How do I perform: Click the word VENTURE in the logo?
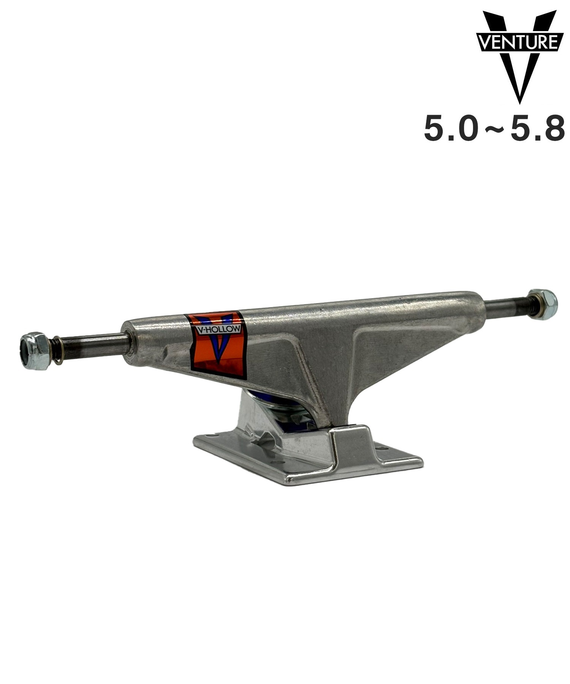point(519,42)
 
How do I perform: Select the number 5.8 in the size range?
point(538,129)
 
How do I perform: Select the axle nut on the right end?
point(543,304)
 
